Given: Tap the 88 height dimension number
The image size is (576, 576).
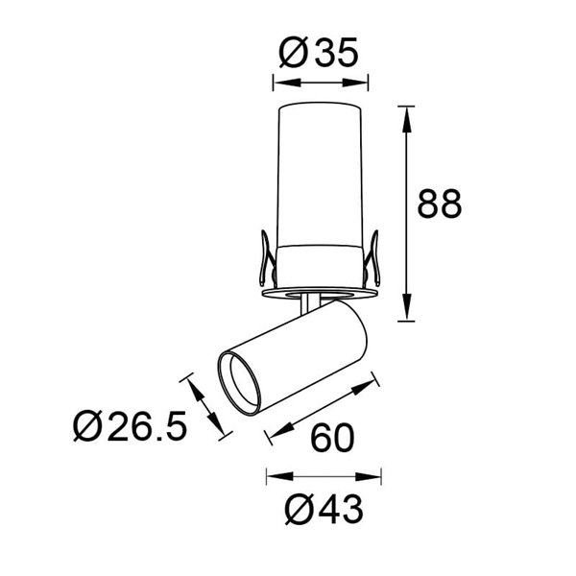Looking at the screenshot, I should click(x=440, y=204).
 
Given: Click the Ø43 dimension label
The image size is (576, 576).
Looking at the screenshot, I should click(x=324, y=509).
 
